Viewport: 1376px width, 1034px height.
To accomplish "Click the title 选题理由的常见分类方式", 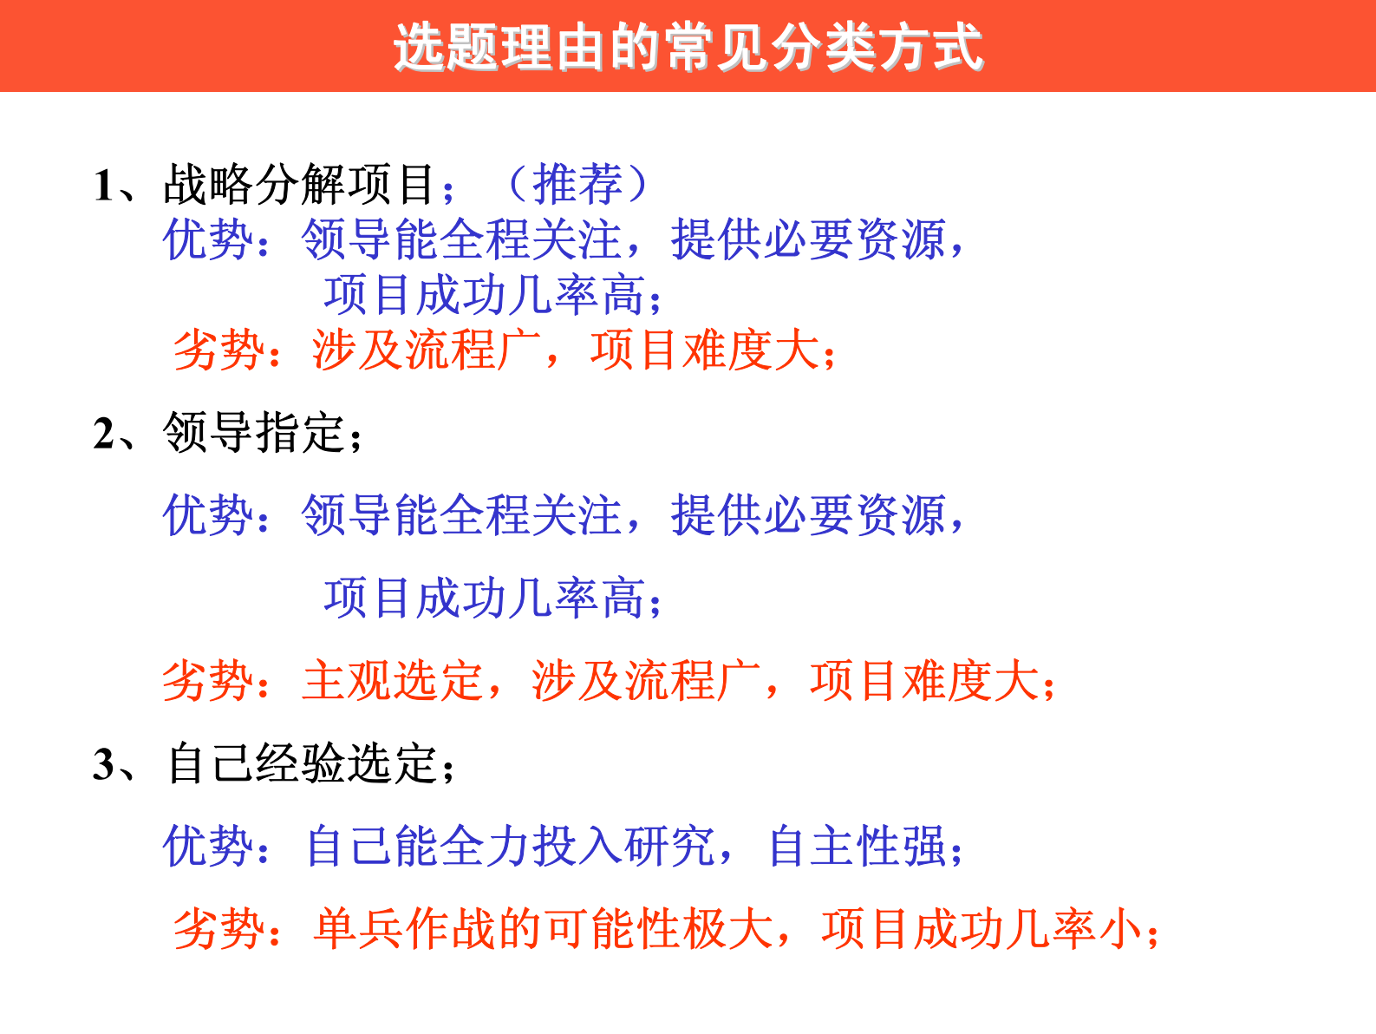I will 688,47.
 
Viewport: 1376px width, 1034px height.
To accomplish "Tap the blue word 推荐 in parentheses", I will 577,184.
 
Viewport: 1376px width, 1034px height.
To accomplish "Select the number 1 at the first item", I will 104,186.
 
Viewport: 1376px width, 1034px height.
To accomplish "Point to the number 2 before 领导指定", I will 104,433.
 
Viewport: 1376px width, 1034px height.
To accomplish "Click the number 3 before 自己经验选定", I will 104,764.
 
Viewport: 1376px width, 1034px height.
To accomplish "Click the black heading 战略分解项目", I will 299,185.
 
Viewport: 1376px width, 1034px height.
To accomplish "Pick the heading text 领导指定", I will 253,432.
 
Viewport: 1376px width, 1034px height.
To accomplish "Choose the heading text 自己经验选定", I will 302,764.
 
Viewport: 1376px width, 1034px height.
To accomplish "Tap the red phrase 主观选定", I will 392,680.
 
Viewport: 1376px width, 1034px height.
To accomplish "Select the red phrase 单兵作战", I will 404,929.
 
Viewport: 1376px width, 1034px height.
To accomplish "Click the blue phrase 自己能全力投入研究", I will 511,846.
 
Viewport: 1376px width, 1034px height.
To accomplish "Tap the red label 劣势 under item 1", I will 218,350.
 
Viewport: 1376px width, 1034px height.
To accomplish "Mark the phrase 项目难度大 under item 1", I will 704,350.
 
